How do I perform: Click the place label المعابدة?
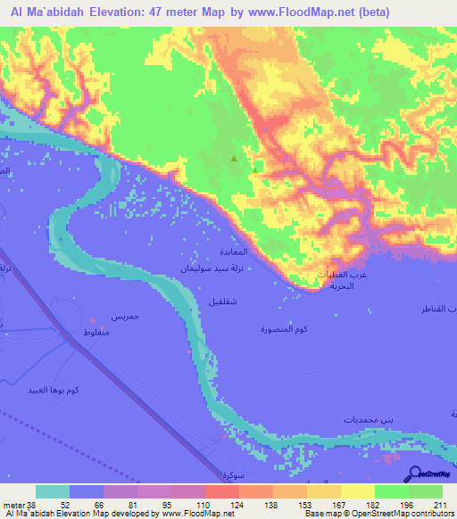(254, 252)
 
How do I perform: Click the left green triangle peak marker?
(234, 159)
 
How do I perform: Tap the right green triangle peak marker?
(255, 168)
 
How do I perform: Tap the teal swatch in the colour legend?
(53, 491)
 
